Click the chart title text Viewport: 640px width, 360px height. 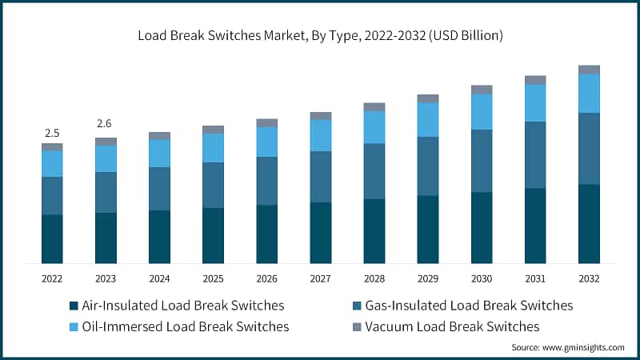point(320,36)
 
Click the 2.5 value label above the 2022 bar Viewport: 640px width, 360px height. point(52,133)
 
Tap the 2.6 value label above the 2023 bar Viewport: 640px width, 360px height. point(106,124)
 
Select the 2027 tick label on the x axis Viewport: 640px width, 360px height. point(320,278)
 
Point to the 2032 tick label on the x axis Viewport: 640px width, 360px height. point(589,278)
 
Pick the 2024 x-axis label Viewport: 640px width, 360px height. point(159,278)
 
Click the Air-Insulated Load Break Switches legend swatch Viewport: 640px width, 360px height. point(74,306)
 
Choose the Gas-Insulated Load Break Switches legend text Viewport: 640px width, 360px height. point(469,306)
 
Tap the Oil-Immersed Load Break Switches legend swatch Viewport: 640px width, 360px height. point(74,327)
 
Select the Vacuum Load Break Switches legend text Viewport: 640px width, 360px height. point(452,326)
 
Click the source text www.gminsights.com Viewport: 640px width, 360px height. point(568,347)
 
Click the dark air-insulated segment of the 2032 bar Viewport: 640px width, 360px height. point(589,224)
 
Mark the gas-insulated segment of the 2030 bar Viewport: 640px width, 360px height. point(482,161)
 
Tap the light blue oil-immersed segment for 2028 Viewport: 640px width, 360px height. point(374,127)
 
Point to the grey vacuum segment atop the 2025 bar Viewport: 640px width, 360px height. point(213,130)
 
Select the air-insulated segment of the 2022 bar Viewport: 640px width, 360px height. point(52,239)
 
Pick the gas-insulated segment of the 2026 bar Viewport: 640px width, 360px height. point(266,181)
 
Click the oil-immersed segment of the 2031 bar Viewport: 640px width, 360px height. point(535,103)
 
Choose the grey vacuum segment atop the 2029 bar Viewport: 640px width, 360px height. point(428,98)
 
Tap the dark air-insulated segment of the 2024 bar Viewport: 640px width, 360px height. point(159,237)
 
